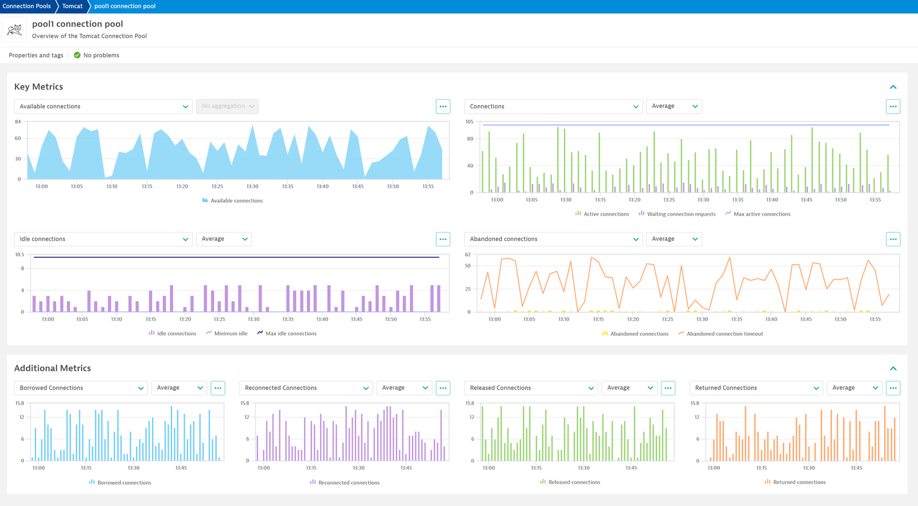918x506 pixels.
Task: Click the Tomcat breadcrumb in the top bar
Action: click(72, 6)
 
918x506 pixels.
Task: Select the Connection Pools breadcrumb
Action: click(26, 6)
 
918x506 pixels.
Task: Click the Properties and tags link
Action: click(36, 55)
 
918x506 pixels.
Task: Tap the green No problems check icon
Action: click(77, 55)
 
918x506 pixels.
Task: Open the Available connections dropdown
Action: click(103, 107)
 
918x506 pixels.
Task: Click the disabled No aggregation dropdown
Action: click(227, 107)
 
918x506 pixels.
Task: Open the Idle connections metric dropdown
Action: click(103, 239)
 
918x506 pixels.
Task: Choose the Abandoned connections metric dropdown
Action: click(553, 239)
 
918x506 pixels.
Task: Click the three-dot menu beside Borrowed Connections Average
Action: click(218, 388)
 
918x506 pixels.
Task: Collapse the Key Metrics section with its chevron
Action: click(893, 87)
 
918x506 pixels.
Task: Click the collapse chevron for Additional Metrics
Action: click(893, 368)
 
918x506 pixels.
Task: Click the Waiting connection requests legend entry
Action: click(677, 214)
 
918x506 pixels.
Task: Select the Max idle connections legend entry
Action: click(287, 334)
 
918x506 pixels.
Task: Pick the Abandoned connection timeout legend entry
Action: click(721, 334)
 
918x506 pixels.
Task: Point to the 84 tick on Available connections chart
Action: click(18, 121)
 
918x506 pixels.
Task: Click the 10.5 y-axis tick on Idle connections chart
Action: click(20, 254)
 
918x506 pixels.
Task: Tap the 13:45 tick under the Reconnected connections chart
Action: click(406, 468)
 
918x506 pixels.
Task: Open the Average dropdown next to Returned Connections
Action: click(854, 388)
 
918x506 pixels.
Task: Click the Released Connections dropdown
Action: click(531, 388)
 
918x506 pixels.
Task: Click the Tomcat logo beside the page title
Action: click(14, 29)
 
